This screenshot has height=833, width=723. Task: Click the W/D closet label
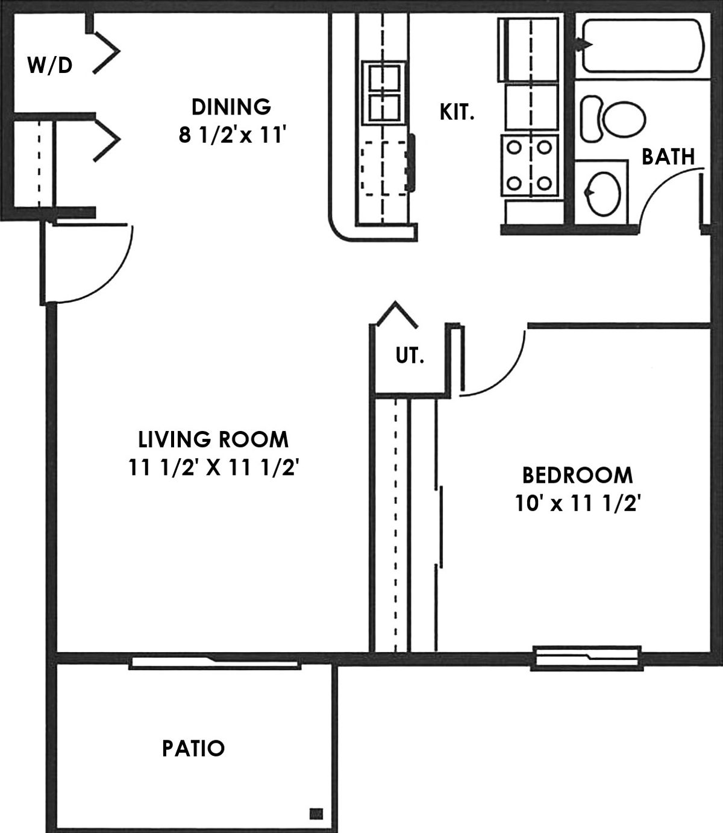pyautogui.click(x=49, y=65)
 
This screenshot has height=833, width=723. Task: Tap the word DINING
pyautogui.click(x=231, y=107)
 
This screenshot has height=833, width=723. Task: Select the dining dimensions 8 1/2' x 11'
pyautogui.click(x=233, y=135)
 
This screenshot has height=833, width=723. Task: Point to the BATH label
pyautogui.click(x=668, y=157)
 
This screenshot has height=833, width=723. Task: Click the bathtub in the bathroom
pyautogui.click(x=643, y=46)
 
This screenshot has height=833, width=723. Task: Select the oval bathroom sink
pyautogui.click(x=604, y=194)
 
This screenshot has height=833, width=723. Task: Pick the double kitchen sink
pyautogui.click(x=384, y=93)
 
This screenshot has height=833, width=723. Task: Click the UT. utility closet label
pyautogui.click(x=409, y=356)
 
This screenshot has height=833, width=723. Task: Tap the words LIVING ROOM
pyautogui.click(x=213, y=440)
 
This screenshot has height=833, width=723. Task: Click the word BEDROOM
pyautogui.click(x=577, y=475)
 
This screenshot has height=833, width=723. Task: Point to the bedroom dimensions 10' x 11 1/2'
pyautogui.click(x=578, y=504)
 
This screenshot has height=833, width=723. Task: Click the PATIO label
pyautogui.click(x=193, y=749)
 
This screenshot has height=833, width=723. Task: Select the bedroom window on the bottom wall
pyautogui.click(x=587, y=658)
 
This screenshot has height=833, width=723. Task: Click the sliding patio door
pyautogui.click(x=215, y=663)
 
